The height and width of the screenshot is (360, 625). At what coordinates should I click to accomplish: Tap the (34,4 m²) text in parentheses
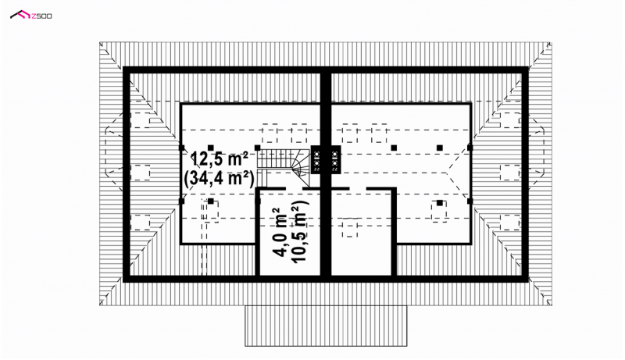click(x=220, y=179)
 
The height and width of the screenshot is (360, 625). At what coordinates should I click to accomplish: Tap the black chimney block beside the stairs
click(x=326, y=159)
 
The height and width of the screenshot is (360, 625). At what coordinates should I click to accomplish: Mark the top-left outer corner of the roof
click(x=99, y=42)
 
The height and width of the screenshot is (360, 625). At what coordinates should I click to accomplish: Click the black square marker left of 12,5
click(x=181, y=147)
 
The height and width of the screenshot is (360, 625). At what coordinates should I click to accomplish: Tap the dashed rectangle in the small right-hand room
click(x=350, y=228)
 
